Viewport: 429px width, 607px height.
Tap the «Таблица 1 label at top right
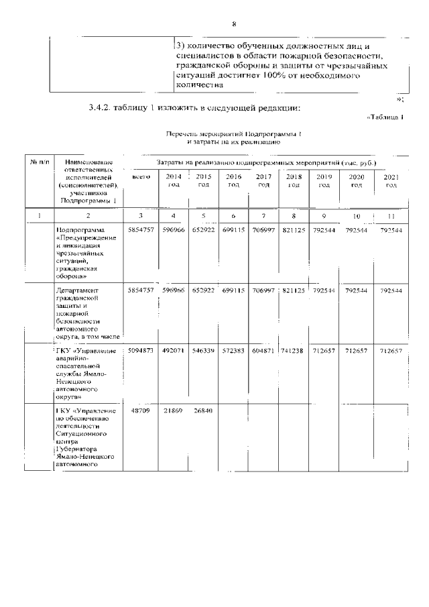(386, 118)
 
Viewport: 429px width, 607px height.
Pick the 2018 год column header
(294, 180)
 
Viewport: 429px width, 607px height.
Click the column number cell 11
(391, 216)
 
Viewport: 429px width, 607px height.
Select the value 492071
(174, 351)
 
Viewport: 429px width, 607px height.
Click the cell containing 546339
(204, 351)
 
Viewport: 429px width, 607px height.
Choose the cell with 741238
(294, 351)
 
